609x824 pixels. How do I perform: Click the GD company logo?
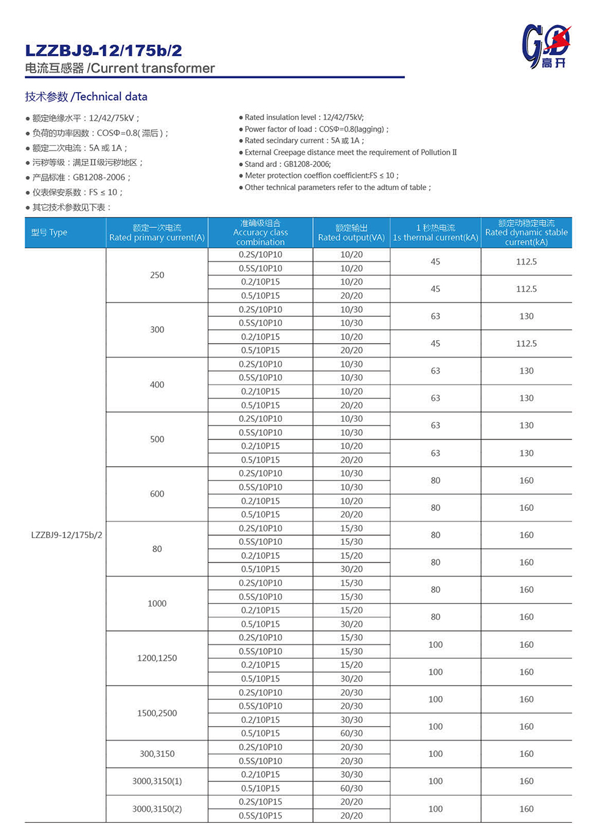point(546,46)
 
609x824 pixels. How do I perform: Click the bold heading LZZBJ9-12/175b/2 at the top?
point(104,51)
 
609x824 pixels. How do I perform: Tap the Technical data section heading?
point(86,96)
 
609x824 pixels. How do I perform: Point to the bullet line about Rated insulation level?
point(303,117)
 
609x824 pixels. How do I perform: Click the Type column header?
point(49,232)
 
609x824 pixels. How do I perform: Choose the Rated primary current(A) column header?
point(157,233)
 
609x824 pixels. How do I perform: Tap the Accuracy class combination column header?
point(260,232)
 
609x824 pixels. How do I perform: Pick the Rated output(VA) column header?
point(351,233)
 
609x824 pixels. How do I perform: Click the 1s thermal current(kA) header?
point(435,233)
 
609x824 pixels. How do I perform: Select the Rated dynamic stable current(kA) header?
point(526,232)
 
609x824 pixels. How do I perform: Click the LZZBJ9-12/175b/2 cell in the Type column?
point(66,535)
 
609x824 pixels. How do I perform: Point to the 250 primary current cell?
point(157,275)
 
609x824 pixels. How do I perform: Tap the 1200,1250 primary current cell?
point(157,658)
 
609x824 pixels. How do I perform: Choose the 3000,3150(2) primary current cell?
point(157,809)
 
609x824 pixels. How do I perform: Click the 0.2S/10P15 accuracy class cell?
point(260,802)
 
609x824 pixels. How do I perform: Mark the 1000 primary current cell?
point(157,603)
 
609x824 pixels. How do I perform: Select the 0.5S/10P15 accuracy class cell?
point(260,815)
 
